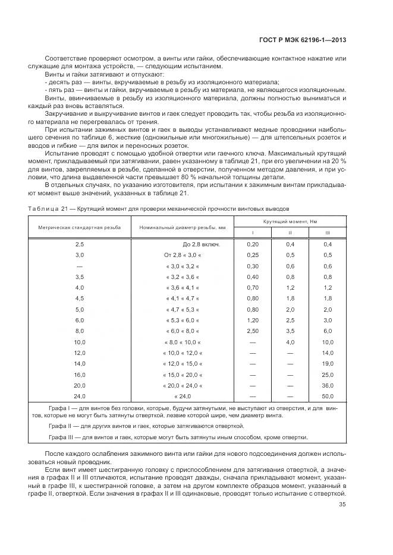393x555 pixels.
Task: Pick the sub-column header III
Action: pyautogui.click(x=326, y=233)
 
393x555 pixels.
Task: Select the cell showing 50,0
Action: pyautogui.click(x=327, y=395)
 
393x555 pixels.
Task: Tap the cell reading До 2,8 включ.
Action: pyautogui.click(x=200, y=244)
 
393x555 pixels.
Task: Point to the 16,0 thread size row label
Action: pyautogui.click(x=80, y=374)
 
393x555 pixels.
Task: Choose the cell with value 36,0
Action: pyautogui.click(x=327, y=385)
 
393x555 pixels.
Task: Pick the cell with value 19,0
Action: pyautogui.click(x=327, y=363)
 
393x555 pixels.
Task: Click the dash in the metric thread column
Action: pyautogui.click(x=80, y=266)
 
